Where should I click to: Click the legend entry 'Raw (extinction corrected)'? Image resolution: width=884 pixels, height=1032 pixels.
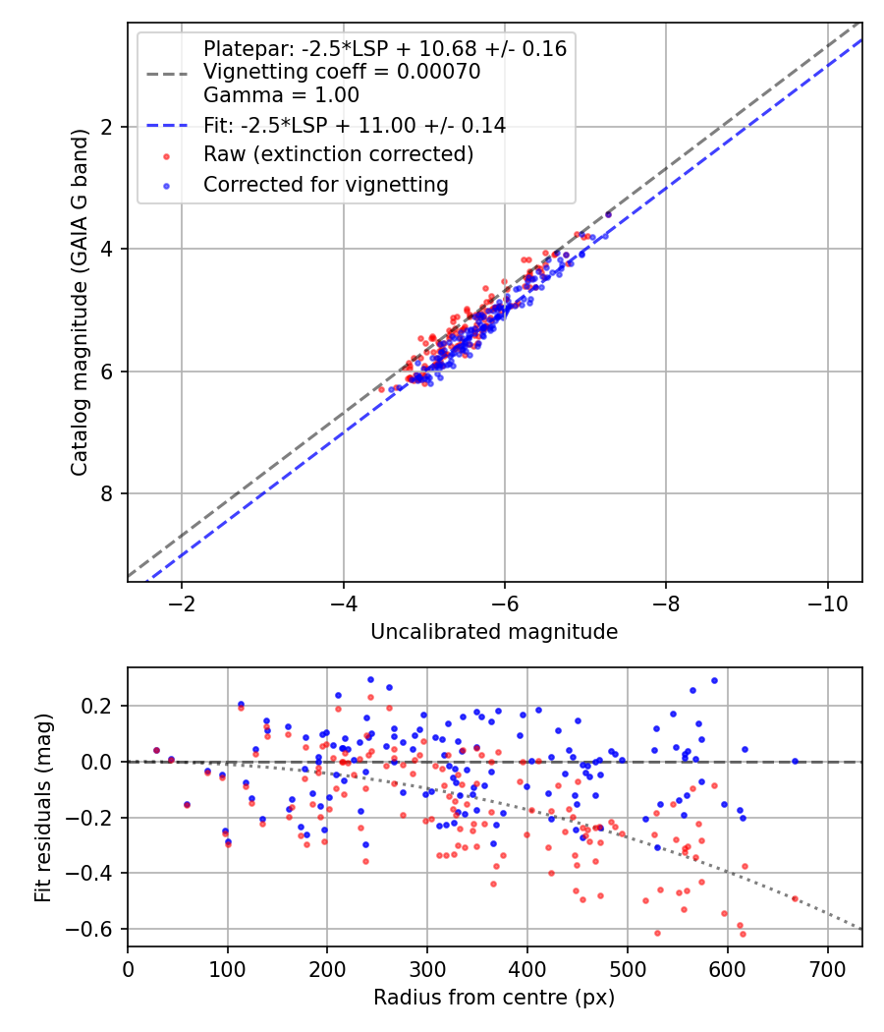(x=338, y=154)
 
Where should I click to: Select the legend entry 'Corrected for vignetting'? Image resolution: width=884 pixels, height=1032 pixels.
(x=325, y=184)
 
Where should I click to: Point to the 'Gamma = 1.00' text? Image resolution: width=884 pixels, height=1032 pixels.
(x=281, y=95)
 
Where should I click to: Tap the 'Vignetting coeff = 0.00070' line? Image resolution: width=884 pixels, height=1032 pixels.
(x=342, y=72)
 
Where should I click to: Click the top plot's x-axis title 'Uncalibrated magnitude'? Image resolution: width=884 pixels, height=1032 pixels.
(x=494, y=632)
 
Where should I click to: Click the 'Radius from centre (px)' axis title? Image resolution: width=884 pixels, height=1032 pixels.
(x=494, y=998)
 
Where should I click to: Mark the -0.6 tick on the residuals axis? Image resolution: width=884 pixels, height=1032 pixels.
(x=96, y=929)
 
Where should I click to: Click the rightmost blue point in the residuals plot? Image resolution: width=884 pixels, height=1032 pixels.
(x=795, y=761)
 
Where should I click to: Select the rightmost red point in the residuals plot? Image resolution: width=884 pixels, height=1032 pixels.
(x=795, y=898)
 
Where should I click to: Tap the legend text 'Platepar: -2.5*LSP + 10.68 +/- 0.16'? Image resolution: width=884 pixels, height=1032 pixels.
(x=385, y=48)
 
